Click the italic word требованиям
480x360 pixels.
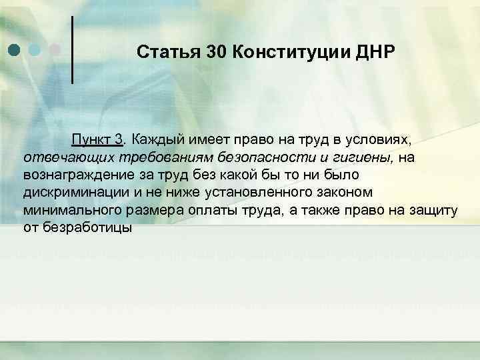155,157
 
